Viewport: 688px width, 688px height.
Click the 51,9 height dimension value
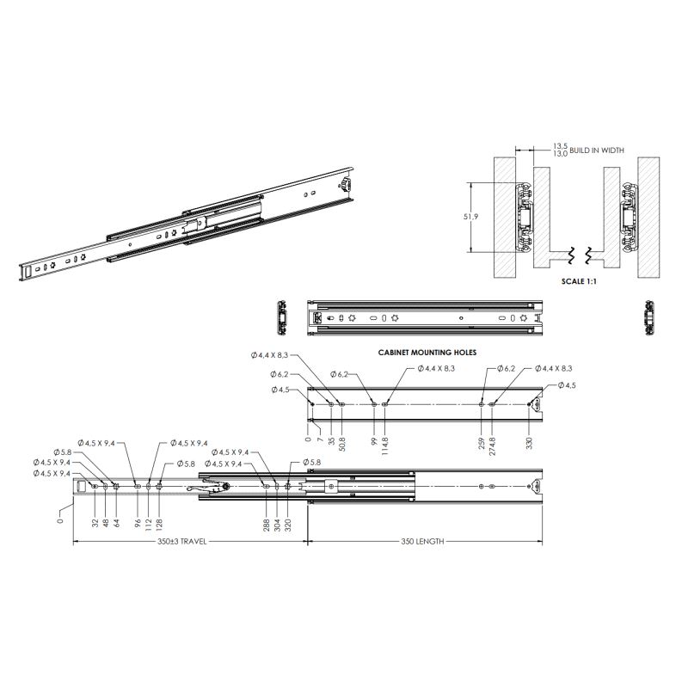click(470, 217)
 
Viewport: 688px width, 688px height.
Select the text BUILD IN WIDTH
click(596, 150)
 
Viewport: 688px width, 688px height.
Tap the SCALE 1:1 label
click(579, 281)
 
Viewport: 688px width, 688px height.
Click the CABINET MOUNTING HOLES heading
click(427, 353)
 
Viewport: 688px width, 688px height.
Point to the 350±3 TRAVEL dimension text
click(181, 542)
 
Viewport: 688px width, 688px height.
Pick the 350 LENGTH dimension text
click(422, 542)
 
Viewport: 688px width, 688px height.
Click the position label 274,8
click(492, 445)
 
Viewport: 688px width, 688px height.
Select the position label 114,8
click(384, 445)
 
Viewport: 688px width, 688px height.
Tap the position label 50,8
click(341, 444)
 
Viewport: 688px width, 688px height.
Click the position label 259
click(482, 442)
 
